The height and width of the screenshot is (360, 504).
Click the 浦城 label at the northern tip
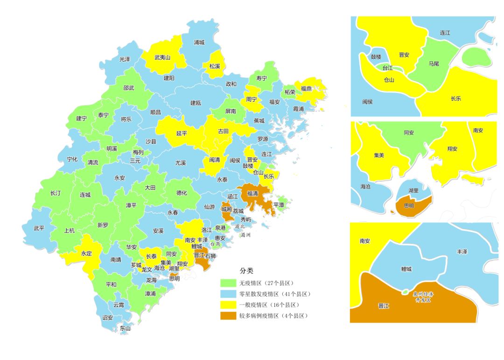(x=199, y=42)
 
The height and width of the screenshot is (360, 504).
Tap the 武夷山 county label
(x=162, y=57)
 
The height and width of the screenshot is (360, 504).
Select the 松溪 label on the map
(x=215, y=66)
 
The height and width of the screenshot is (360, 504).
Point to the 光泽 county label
(x=125, y=59)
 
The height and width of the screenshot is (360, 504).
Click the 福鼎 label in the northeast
(x=307, y=88)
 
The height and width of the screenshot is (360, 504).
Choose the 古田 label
(x=224, y=132)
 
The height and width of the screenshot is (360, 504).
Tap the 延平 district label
(x=182, y=133)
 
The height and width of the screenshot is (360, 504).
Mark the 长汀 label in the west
(x=56, y=193)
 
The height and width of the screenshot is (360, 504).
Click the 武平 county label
(x=39, y=228)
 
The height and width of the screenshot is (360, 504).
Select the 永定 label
(x=87, y=254)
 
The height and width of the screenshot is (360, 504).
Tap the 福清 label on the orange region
(x=252, y=193)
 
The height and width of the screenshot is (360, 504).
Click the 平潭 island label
(x=279, y=205)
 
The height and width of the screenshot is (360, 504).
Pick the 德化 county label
(x=182, y=193)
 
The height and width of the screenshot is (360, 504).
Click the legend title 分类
(x=246, y=271)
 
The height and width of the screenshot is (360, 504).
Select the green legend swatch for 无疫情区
(x=229, y=283)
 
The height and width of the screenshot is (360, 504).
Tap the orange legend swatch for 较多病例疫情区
(x=229, y=316)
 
